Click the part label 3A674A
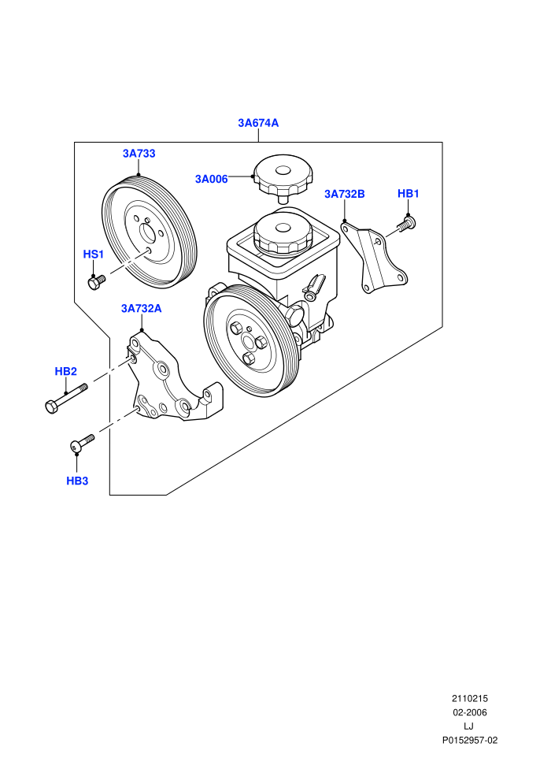pos(258,123)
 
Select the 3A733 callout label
pos(139,154)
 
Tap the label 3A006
pos(211,179)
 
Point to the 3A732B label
pos(344,194)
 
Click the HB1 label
pos(408,194)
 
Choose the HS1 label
pos(94,254)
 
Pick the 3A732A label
pos(141,308)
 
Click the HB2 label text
pos(65,372)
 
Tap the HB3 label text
pos(77,481)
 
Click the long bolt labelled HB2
pos(65,398)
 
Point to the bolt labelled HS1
pos(96,282)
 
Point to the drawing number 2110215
pos(470,698)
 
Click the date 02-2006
pos(470,712)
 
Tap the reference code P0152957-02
pos(470,740)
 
